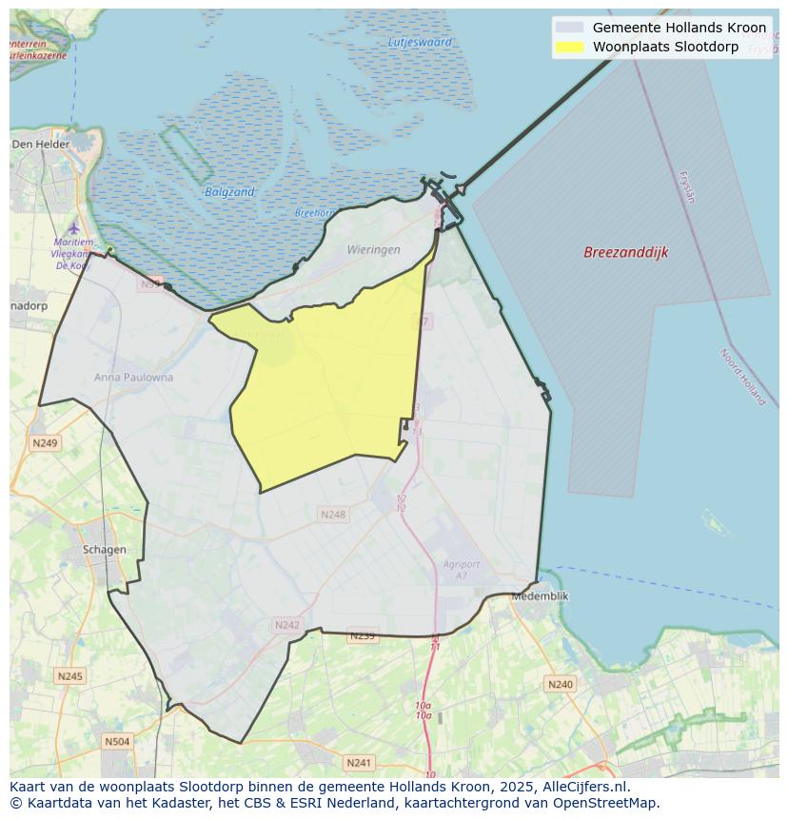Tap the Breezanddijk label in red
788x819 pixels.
point(625,252)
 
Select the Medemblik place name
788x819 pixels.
point(540,596)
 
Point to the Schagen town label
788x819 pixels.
point(104,550)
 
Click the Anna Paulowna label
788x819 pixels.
point(133,377)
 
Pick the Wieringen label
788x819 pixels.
point(373,250)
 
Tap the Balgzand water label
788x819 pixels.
point(229,192)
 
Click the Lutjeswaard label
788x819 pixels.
point(420,42)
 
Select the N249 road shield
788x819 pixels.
point(45,443)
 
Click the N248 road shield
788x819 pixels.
point(332,515)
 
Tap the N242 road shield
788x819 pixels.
point(286,625)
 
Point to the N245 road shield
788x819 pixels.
point(69,676)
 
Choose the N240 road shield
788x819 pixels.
point(561,684)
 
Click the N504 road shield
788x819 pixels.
point(117,742)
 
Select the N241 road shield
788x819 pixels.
point(359,763)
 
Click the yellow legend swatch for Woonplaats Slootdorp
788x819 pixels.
point(569,47)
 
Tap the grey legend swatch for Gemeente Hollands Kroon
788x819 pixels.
point(569,28)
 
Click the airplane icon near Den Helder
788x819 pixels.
point(73,228)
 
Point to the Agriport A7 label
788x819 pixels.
point(461,570)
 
